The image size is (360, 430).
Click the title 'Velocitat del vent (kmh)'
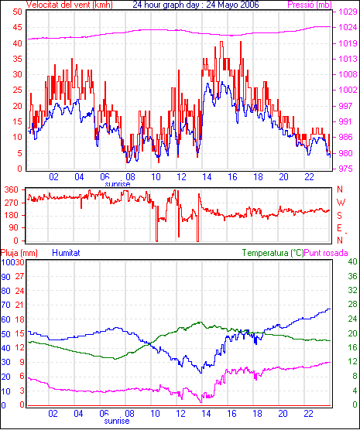tap(69, 5)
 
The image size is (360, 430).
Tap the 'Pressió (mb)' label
tap(310, 5)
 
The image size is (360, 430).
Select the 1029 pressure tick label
tap(348, 12)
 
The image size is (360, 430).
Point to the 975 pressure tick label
tap(348, 169)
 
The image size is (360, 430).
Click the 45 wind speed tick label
tap(18, 27)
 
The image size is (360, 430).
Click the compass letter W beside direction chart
tap(341, 203)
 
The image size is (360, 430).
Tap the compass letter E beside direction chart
tap(339, 228)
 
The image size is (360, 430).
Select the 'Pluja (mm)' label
tap(19, 253)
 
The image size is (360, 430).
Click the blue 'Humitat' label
tap(66, 253)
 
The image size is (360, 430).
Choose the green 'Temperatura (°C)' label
tap(273, 253)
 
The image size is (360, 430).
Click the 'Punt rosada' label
tap(326, 253)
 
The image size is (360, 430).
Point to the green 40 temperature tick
tap(352, 262)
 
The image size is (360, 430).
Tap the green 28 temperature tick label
tap(352, 305)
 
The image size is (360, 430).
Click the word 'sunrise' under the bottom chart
tap(117, 421)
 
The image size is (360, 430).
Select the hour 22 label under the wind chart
tap(309, 177)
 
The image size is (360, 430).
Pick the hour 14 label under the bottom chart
tap(206, 413)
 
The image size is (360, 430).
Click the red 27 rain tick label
tap(20, 276)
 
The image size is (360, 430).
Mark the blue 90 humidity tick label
tap(5, 277)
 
